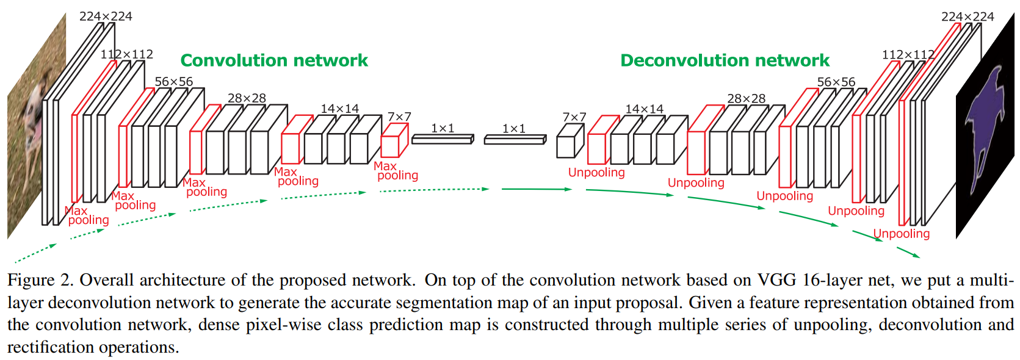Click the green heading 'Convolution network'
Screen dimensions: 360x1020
pyautogui.click(x=274, y=60)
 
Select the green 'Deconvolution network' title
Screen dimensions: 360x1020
pyautogui.click(x=725, y=60)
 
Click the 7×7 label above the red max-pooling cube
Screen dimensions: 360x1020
pyautogui.click(x=399, y=117)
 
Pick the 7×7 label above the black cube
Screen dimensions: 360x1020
pyautogui.click(x=574, y=117)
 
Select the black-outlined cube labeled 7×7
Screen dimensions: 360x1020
pyautogui.click(x=570, y=142)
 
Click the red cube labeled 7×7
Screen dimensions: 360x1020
pyautogui.click(x=394, y=142)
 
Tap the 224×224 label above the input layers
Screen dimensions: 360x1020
pyautogui.click(x=106, y=16)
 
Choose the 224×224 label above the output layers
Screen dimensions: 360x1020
pyautogui.click(x=968, y=16)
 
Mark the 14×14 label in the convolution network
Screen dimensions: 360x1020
pyautogui.click(x=340, y=109)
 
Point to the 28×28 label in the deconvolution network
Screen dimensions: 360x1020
pyautogui.click(x=746, y=98)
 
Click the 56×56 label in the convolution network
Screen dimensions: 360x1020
pyautogui.click(x=173, y=82)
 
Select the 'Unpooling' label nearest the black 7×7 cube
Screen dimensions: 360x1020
pyautogui.click(x=596, y=173)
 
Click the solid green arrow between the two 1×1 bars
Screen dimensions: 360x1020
pyautogui.click(x=536, y=189)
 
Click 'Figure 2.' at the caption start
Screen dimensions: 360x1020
pyautogui.click(x=40, y=280)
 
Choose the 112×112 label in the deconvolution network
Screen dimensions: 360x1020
pyautogui.click(x=908, y=55)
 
